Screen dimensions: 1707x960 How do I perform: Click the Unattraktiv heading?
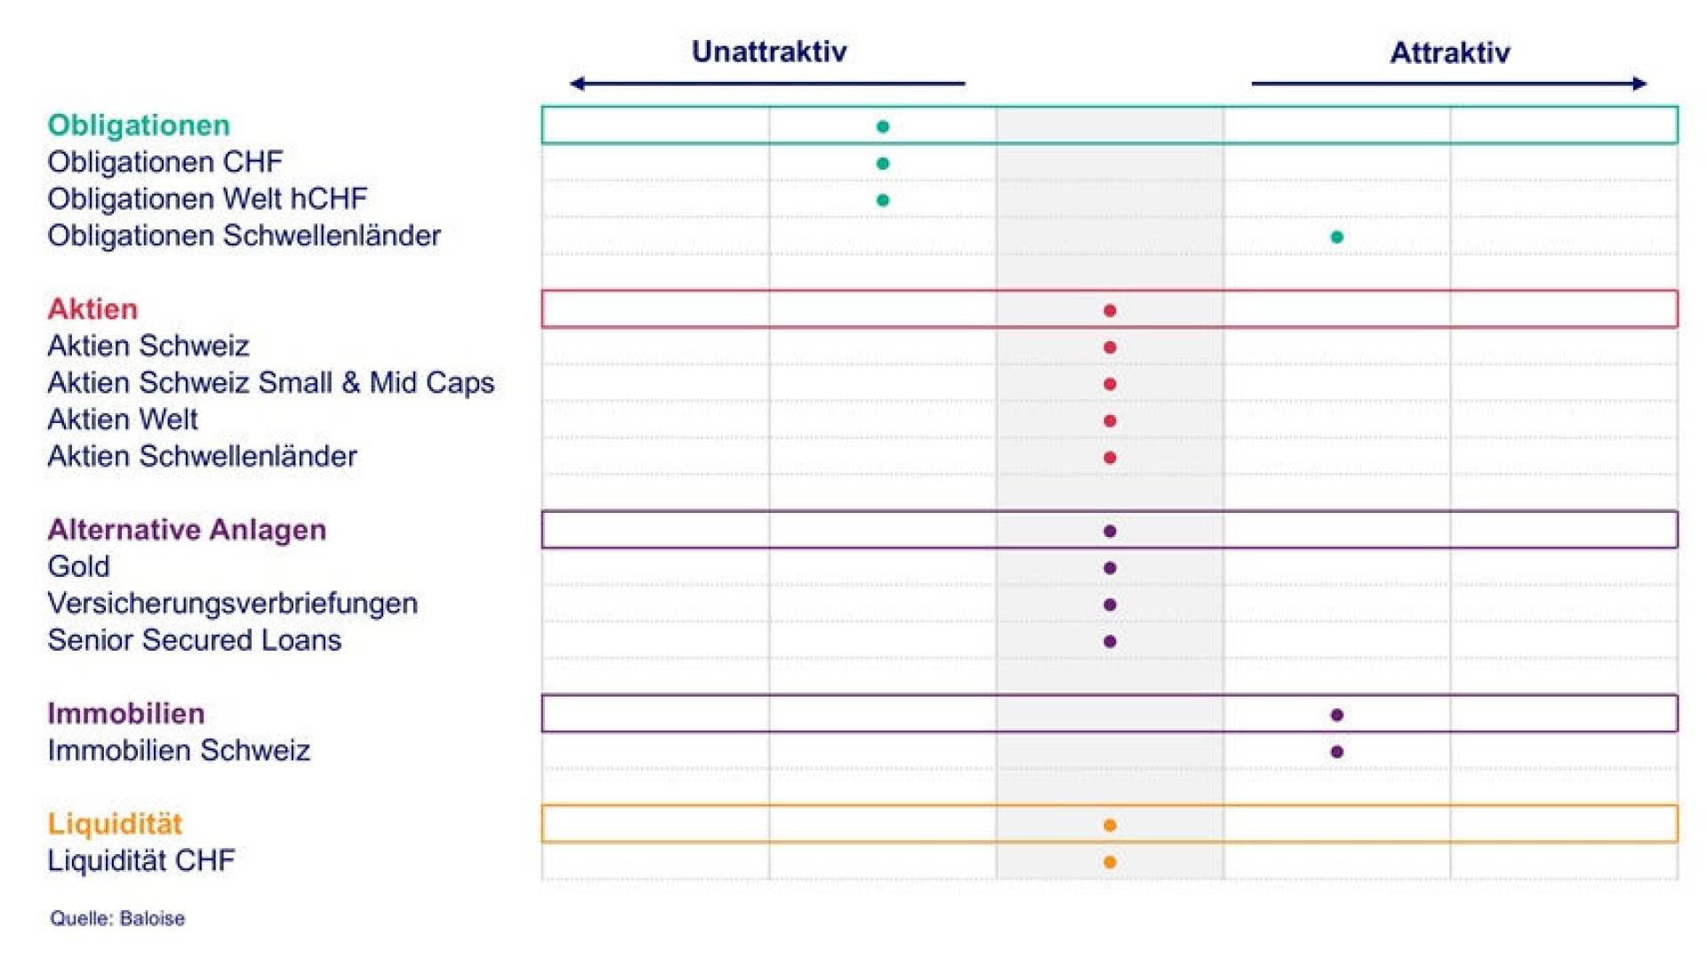pos(769,52)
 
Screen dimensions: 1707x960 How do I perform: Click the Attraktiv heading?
pos(1449,52)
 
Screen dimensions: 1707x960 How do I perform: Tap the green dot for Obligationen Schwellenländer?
pos(1336,236)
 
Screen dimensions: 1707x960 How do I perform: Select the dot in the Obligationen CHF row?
pos(883,164)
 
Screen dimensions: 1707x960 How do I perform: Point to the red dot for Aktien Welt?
pos(1110,420)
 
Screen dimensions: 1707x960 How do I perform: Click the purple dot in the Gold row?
pos(1110,568)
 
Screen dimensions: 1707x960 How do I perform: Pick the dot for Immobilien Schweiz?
pos(1336,752)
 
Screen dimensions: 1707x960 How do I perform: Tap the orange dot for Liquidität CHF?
pos(1110,862)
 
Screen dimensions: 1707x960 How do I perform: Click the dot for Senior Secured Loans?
pos(1110,642)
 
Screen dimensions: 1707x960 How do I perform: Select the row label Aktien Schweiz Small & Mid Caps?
pos(271,382)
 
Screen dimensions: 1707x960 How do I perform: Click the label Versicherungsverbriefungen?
pos(233,604)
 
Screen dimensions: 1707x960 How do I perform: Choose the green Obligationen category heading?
pos(139,125)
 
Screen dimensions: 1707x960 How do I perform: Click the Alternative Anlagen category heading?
pos(187,530)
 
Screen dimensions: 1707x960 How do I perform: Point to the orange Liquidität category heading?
pos(115,824)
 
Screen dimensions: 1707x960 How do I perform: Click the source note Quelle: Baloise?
pos(117,918)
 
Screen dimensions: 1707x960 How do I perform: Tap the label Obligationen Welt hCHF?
pos(207,199)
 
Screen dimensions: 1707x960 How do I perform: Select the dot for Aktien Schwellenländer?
pos(1110,458)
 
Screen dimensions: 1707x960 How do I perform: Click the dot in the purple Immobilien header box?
pos(1336,715)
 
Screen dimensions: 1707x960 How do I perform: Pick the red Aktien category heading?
pos(92,309)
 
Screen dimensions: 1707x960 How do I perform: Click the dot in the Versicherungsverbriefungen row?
pos(1110,604)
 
